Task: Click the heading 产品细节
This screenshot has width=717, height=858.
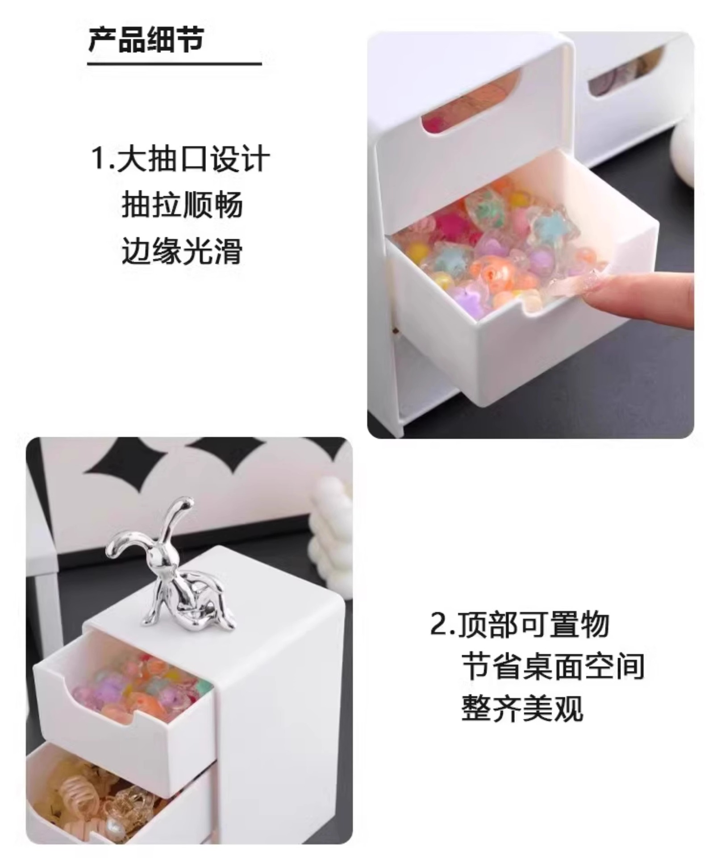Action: tap(146, 39)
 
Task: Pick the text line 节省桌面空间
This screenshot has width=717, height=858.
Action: tap(553, 666)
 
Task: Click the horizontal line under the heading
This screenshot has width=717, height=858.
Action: tap(174, 64)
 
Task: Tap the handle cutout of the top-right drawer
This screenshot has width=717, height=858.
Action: tap(625, 71)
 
